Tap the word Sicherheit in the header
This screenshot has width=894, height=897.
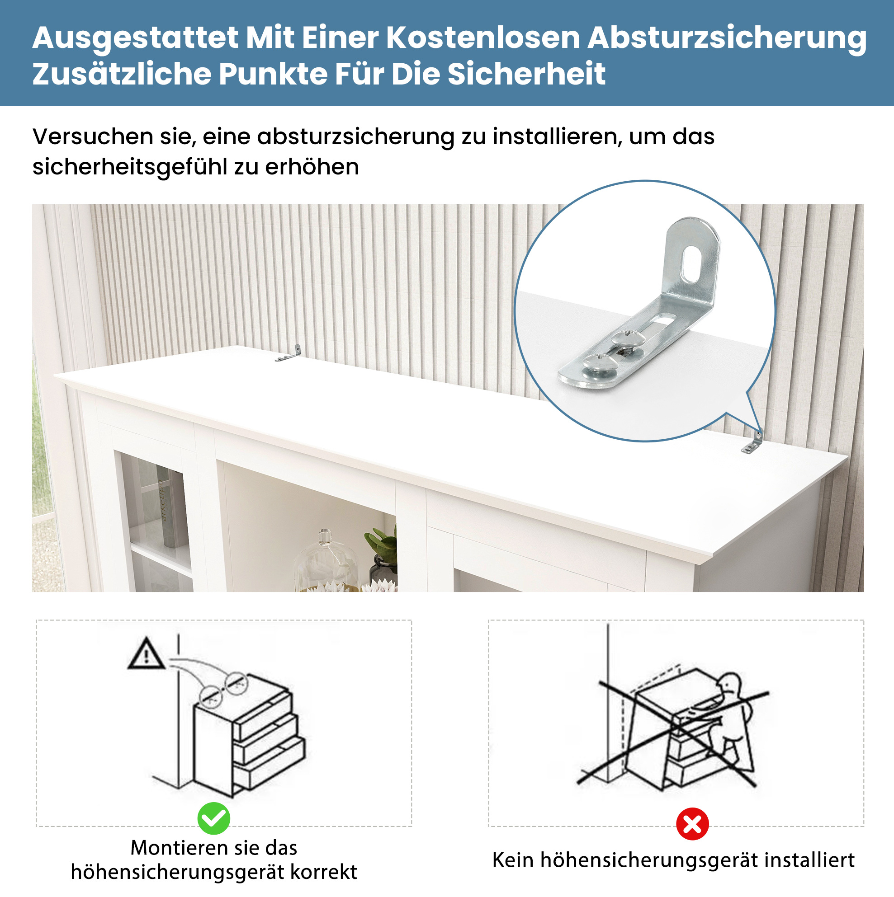[x=526, y=74]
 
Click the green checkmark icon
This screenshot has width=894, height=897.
[x=214, y=818]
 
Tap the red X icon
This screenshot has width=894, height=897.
[x=692, y=824]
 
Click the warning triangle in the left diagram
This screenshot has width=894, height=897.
[x=147, y=654]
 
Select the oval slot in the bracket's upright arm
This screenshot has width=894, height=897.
[x=692, y=264]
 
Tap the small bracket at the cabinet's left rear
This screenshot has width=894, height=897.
[x=289, y=353]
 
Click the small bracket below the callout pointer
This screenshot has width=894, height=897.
[x=752, y=442]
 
